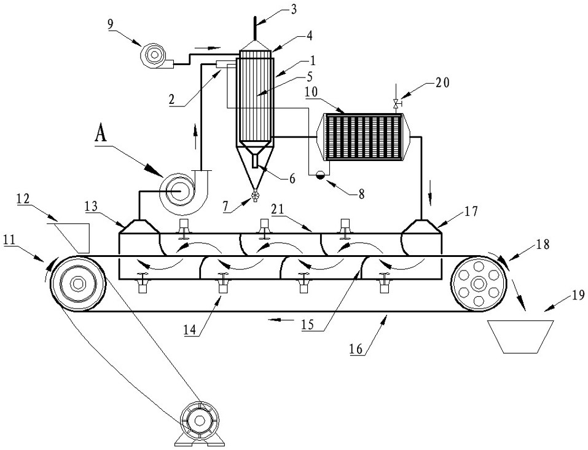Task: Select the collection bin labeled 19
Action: pos(521,336)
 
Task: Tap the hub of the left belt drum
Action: pos(77,283)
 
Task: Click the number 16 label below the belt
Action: pos(356,349)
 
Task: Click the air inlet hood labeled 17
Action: pos(421,226)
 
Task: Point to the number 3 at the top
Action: pos(294,9)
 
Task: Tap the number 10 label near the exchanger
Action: pos(312,92)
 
